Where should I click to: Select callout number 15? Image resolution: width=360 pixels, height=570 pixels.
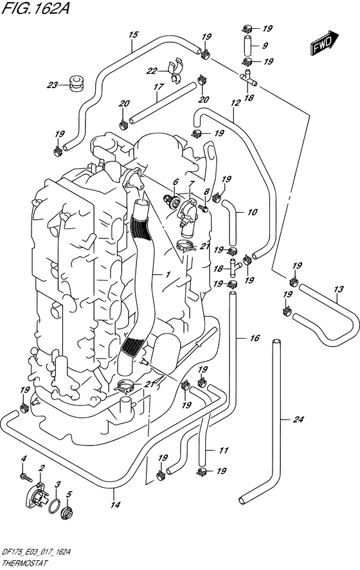pos(133,34)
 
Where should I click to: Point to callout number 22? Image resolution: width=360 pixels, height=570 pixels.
pos(151,71)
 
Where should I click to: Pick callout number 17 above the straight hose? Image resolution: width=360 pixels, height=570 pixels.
pos(156,87)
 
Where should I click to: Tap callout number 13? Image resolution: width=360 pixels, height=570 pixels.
pos(338,290)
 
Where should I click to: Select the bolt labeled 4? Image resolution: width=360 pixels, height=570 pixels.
pos(24,477)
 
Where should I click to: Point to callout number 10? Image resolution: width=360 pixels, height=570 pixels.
pos(252,211)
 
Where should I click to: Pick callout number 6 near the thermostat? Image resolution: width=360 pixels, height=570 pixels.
pos(175,183)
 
